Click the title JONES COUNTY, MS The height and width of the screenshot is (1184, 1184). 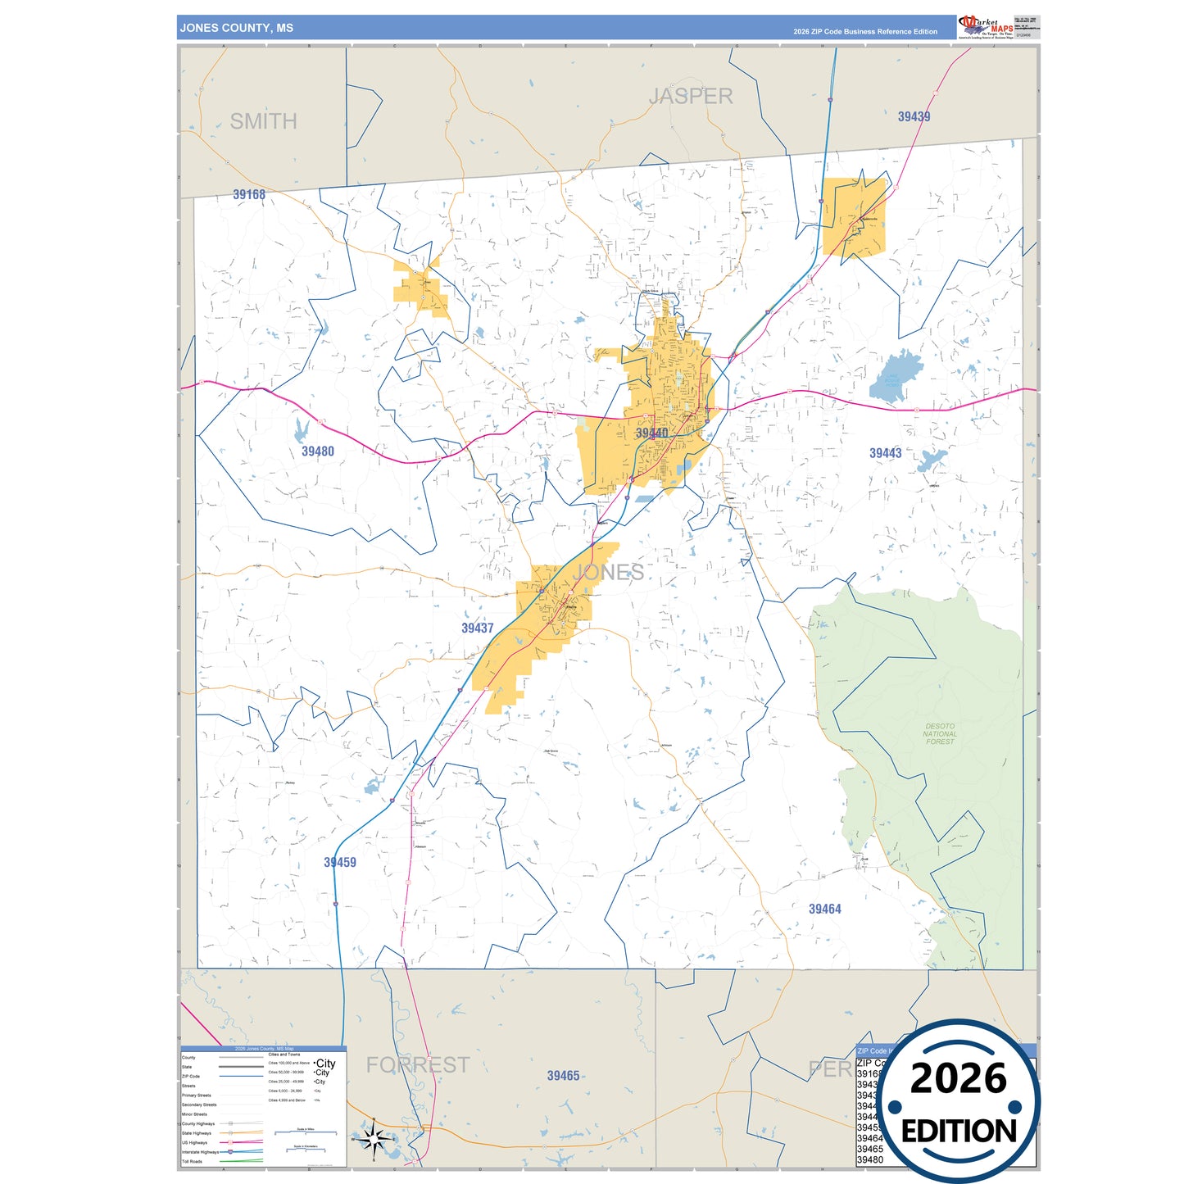click(236, 28)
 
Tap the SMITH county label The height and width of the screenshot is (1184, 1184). click(263, 121)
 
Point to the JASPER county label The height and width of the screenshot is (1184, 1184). click(691, 97)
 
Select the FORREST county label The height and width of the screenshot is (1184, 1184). click(418, 1064)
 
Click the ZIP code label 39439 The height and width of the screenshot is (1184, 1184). click(914, 116)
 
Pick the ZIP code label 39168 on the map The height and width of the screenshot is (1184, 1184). click(249, 194)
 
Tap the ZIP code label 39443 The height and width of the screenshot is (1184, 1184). click(885, 453)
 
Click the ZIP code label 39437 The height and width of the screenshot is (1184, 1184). click(477, 628)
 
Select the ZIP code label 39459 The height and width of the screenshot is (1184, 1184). click(339, 862)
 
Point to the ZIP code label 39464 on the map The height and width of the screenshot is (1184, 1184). click(824, 909)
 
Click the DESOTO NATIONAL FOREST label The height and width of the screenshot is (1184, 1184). click(940, 733)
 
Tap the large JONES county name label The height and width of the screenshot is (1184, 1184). click(608, 573)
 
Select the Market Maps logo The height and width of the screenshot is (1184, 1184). click(986, 26)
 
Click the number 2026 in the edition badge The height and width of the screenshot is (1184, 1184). click(958, 1078)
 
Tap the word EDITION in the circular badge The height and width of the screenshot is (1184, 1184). click(959, 1132)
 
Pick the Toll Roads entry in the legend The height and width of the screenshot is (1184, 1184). click(192, 1161)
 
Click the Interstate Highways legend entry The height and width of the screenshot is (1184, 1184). click(201, 1152)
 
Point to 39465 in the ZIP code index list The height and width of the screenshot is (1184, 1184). click(869, 1149)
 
